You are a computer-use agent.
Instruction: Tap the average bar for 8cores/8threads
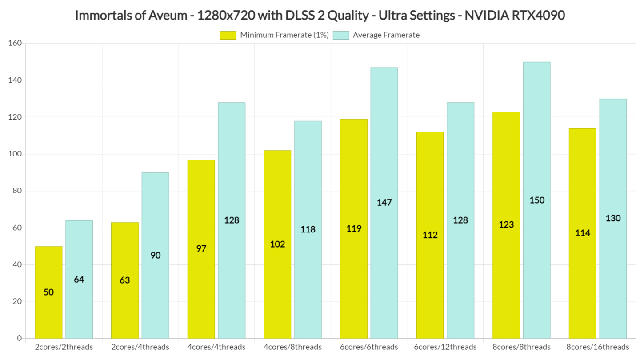(536, 200)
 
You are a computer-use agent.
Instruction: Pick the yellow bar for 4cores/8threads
(277, 244)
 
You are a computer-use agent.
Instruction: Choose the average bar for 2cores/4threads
(155, 255)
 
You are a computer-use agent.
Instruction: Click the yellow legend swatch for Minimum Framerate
(228, 35)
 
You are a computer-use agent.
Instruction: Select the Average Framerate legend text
(386, 35)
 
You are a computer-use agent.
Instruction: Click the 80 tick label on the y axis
(16, 191)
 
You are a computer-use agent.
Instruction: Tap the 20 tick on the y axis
(16, 302)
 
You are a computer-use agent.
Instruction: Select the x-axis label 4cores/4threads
(216, 347)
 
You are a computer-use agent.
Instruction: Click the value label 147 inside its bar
(384, 203)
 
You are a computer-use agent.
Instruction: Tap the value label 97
(201, 248)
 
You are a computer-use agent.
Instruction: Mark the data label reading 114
(582, 233)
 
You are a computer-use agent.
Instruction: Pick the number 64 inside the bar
(79, 280)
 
